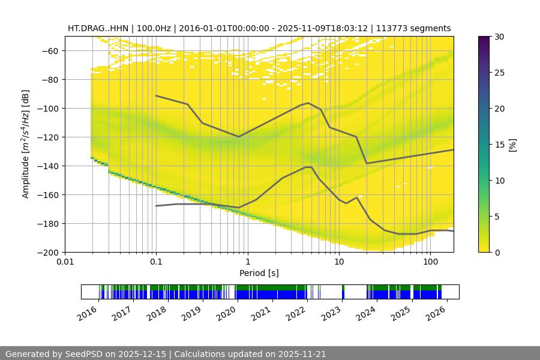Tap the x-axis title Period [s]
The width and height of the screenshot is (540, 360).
pos(259,274)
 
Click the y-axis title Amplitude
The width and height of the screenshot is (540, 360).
pos(25,144)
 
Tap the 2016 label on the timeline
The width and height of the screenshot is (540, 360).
pos(88,313)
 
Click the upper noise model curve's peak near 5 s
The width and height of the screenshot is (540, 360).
pos(308,103)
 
